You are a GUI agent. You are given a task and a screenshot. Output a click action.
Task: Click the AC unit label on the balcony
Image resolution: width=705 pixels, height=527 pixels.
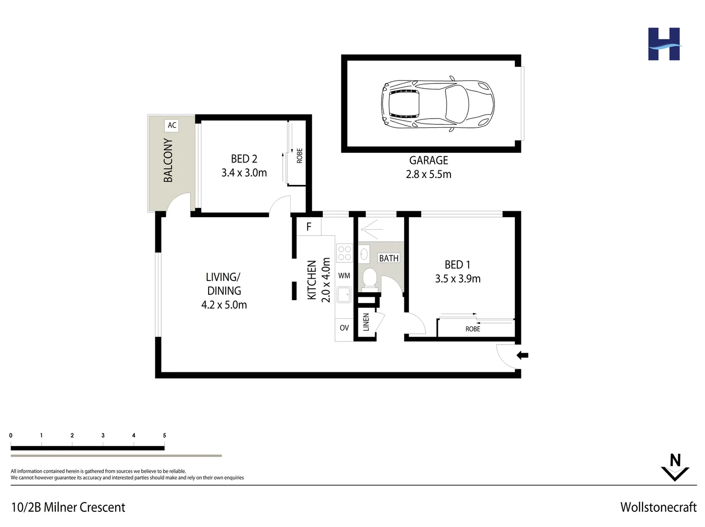pyautogui.click(x=172, y=125)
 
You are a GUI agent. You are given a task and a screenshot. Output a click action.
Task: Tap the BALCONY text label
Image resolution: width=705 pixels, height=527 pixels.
pyautogui.click(x=168, y=161)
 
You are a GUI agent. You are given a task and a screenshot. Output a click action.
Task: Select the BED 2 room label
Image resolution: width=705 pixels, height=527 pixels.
pyautogui.click(x=244, y=159)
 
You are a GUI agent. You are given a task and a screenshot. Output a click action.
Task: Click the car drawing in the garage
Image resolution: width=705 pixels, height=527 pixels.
pyautogui.click(x=437, y=103)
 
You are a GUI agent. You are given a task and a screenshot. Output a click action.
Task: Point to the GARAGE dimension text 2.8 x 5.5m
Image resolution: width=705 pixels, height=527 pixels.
pyautogui.click(x=428, y=174)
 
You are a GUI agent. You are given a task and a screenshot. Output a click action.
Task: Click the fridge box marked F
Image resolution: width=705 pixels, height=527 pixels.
pyautogui.click(x=309, y=227)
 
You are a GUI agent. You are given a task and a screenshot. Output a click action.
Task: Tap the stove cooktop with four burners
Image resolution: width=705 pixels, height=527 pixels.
pyautogui.click(x=344, y=253)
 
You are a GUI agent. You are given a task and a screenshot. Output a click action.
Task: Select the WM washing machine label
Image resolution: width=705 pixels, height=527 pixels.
pyautogui.click(x=344, y=276)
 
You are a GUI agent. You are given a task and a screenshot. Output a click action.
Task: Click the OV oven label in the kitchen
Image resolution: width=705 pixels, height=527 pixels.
pyautogui.click(x=344, y=328)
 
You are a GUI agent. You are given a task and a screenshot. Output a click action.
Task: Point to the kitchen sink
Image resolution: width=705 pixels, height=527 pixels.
pyautogui.click(x=344, y=294)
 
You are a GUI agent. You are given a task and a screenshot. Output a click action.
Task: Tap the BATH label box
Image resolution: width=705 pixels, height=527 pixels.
pyautogui.click(x=389, y=258)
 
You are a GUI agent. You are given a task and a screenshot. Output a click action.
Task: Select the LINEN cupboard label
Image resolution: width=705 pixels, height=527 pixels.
pyautogui.click(x=366, y=322)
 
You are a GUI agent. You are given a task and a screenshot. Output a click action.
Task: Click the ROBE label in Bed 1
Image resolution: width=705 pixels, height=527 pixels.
pyautogui.click(x=472, y=329)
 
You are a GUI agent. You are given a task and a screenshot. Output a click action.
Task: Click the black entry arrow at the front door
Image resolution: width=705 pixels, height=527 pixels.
pyautogui.click(x=522, y=355)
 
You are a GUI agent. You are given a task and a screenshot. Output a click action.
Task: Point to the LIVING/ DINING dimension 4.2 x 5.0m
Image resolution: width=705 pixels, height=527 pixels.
pyautogui.click(x=224, y=305)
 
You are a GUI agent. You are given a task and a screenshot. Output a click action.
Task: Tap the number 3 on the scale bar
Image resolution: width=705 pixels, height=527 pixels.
pyautogui.click(x=103, y=435)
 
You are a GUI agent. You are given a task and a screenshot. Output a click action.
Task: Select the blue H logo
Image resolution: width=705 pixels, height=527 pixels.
pyautogui.click(x=664, y=44)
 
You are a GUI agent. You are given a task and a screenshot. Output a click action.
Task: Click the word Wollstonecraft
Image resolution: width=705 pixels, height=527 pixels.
pyautogui.click(x=658, y=507)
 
